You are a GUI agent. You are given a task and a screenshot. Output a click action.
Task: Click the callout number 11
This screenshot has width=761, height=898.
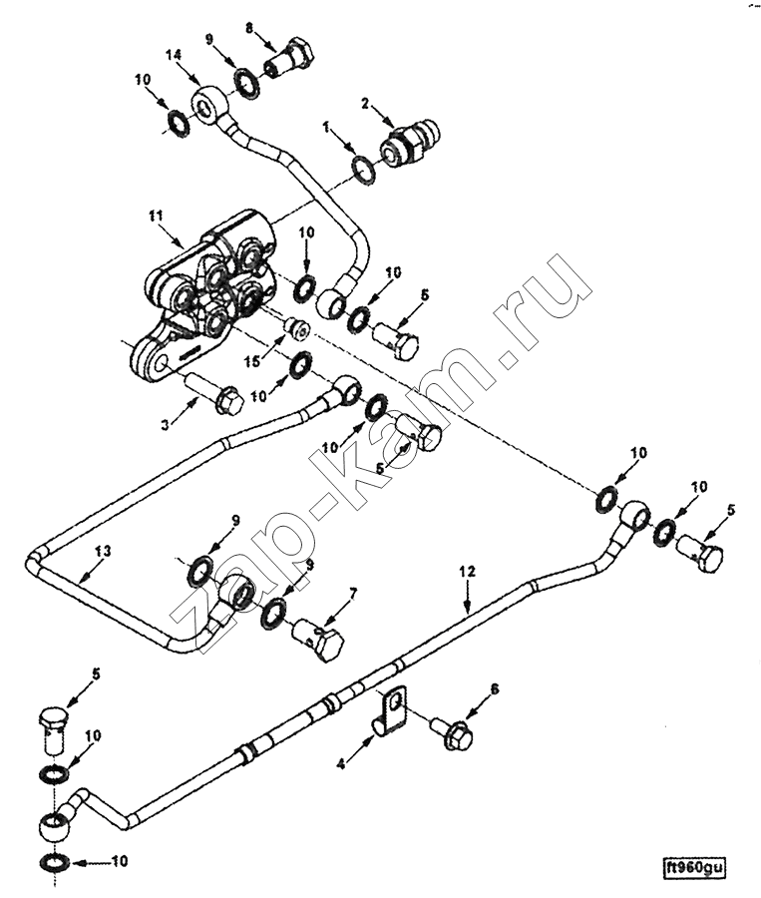(156, 217)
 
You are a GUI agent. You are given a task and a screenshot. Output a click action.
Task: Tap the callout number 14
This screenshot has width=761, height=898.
(175, 55)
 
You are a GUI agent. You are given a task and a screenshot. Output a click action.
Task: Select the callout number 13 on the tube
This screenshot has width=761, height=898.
(103, 551)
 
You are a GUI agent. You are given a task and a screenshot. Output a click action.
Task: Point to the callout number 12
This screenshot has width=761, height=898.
(467, 572)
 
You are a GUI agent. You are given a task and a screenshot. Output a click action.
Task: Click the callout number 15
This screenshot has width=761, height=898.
(252, 361)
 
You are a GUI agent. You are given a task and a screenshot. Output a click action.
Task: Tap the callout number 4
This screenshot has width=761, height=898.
(341, 764)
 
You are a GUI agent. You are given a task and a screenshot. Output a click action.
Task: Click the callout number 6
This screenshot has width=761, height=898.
(494, 688)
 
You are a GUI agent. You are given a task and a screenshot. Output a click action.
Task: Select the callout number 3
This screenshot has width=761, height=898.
(166, 425)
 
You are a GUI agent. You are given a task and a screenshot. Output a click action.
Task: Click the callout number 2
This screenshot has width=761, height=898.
(365, 104)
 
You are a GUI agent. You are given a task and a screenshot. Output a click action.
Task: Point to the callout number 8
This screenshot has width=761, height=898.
(248, 28)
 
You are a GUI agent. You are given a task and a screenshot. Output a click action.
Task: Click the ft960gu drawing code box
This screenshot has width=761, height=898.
(694, 867)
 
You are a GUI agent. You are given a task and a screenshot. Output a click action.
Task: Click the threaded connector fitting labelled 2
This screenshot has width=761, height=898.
(411, 142)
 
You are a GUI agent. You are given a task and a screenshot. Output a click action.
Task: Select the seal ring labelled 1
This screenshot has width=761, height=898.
(363, 171)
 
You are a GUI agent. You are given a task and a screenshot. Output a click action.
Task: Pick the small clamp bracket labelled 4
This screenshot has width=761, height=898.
(392, 707)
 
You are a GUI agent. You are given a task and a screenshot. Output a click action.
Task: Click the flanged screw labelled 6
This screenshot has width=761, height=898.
(453, 733)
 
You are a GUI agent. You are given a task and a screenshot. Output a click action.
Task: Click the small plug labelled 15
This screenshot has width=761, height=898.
(297, 328)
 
